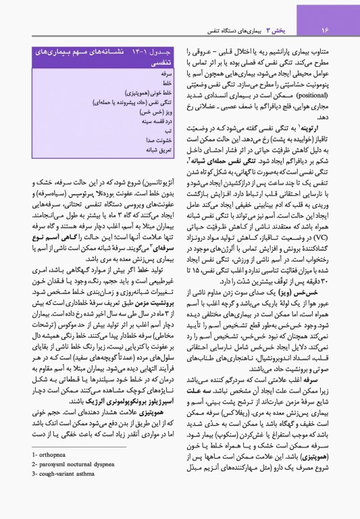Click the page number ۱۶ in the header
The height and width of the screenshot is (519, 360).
point(324,30)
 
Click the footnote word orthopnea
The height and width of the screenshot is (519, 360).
point(52,483)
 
